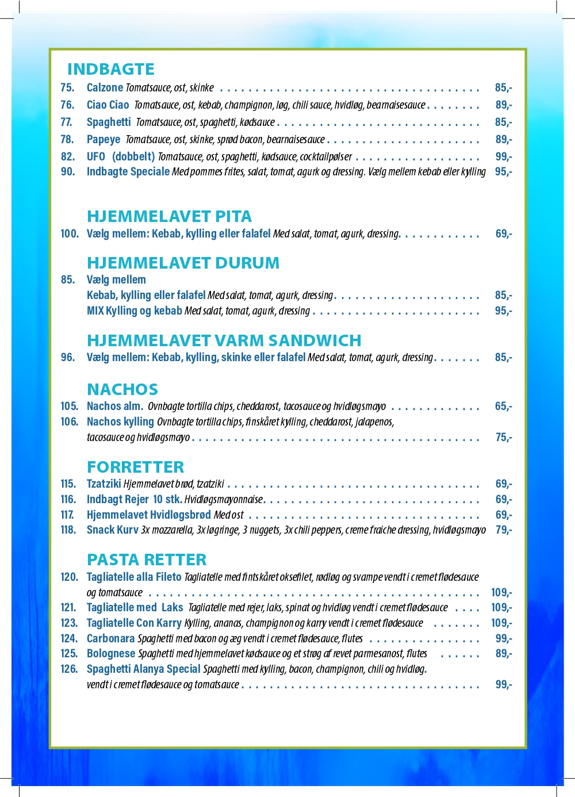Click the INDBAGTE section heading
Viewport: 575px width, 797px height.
(110, 69)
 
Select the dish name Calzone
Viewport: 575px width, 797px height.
(105, 87)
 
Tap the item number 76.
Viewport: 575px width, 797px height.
(67, 105)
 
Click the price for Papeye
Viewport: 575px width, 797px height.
(503, 139)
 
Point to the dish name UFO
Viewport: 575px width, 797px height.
(96, 156)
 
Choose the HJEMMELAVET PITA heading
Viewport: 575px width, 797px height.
(169, 216)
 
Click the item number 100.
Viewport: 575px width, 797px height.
(70, 233)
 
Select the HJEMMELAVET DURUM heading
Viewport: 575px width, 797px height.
(183, 263)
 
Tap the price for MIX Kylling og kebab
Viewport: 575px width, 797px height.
(503, 311)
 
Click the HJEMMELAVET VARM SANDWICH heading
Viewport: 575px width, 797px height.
(224, 340)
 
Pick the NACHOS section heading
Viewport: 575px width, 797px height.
(122, 389)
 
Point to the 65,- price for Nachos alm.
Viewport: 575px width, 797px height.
(503, 406)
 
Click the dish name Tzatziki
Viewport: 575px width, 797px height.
(104, 484)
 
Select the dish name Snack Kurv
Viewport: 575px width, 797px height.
(112, 530)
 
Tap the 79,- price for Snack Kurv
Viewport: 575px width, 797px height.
(503, 530)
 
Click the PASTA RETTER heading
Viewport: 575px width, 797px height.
(146, 560)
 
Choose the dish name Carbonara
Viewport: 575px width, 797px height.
(110, 638)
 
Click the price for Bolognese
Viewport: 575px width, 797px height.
(503, 653)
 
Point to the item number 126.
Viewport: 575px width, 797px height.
(69, 669)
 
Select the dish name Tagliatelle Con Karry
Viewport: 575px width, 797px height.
(134, 623)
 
